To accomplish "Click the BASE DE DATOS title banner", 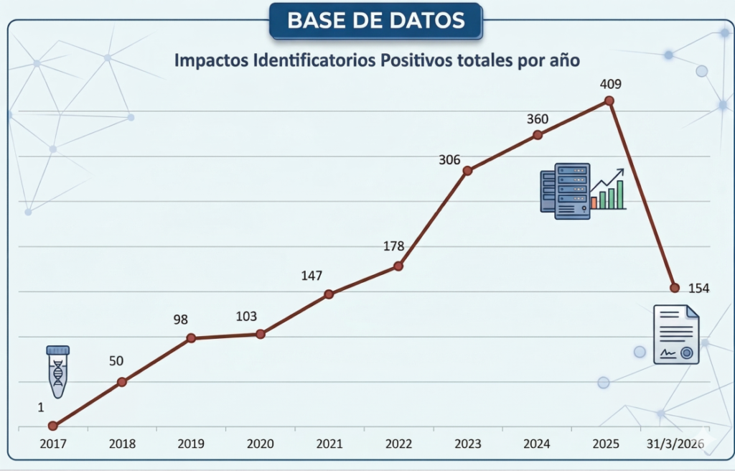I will coord(376,20).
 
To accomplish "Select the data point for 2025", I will coord(609,101).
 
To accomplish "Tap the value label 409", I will coord(610,84).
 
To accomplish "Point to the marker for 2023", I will coord(467,171).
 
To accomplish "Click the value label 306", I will coord(449,159).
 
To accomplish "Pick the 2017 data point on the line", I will coord(52,426).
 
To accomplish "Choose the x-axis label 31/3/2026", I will coord(674,444).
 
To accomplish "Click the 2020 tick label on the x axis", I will coord(260,444).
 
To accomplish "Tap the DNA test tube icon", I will coord(57,370).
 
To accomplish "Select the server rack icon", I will coord(566,190).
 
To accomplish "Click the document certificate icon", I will coord(676,334).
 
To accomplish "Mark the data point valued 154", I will coord(675,288).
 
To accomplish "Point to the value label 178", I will coord(394,247).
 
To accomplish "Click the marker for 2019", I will coord(191,337).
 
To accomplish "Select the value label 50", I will coord(116,360).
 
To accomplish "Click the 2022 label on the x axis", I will coord(398,444).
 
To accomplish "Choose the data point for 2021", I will coord(329,294).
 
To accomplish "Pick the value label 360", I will coord(538,119).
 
